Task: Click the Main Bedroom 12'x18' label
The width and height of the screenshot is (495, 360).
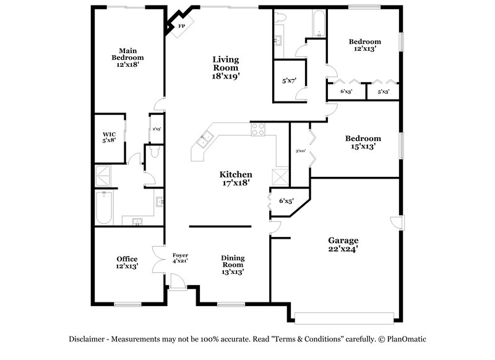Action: [x=127, y=58]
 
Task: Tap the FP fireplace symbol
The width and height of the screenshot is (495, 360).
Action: [x=182, y=27]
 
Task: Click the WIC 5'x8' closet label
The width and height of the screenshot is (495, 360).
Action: [x=109, y=137]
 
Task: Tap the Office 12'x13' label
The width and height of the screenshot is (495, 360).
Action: [x=127, y=262]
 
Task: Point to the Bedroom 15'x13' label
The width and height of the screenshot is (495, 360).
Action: [x=363, y=143]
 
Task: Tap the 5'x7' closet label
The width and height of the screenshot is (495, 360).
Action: [x=289, y=80]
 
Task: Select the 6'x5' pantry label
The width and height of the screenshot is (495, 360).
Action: [x=286, y=200]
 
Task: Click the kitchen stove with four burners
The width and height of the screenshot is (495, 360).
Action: [x=258, y=130]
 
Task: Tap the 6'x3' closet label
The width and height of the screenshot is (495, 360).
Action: [x=346, y=92]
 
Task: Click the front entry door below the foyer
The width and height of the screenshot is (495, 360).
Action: [x=178, y=285]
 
